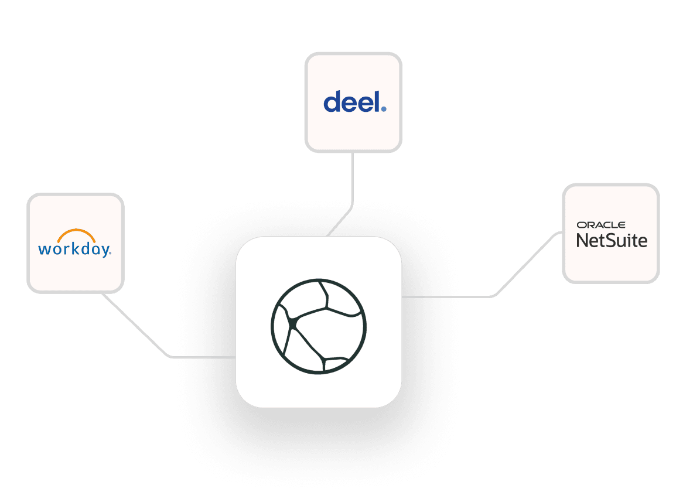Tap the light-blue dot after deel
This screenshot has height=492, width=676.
383,108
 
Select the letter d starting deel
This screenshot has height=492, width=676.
332,102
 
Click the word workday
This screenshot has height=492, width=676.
74,249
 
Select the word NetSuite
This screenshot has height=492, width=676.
612,240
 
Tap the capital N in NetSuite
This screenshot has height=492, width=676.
583,240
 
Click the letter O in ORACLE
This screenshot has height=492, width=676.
580,225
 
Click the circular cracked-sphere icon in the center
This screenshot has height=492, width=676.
319,326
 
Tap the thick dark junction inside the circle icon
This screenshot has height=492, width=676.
293,322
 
